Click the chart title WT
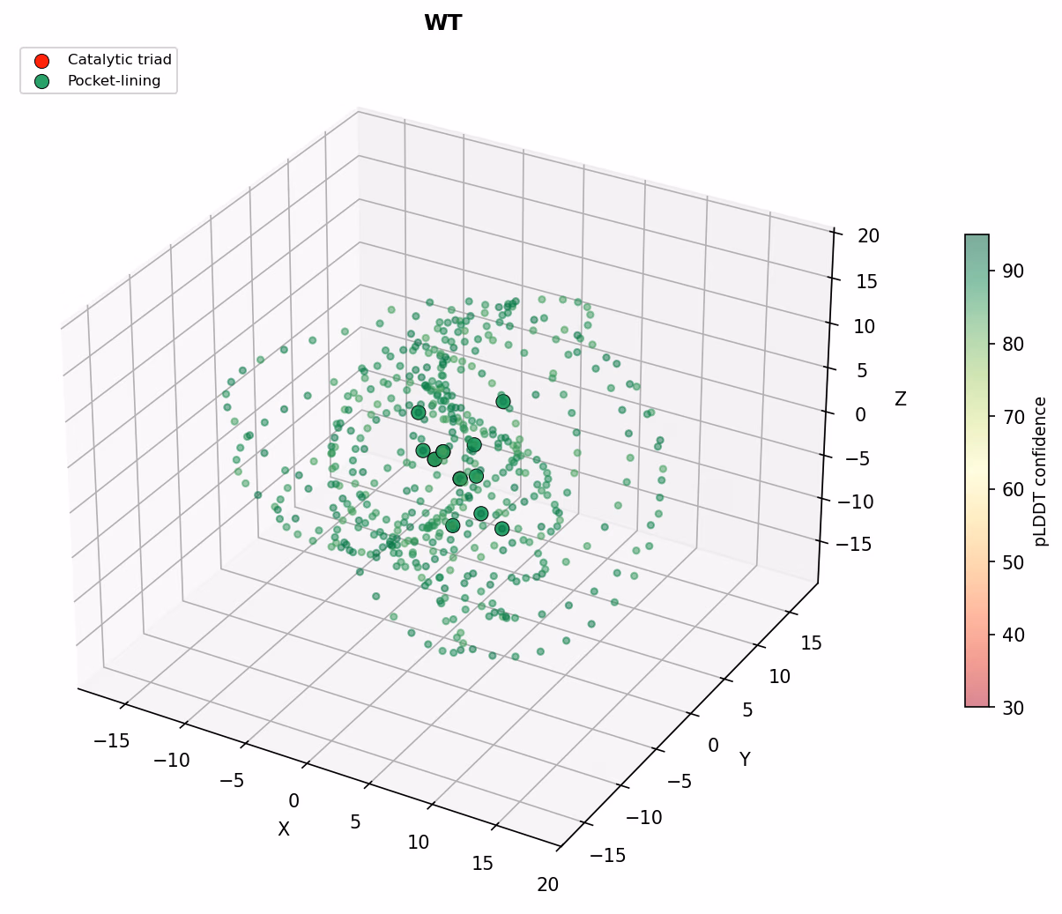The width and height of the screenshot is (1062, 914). (x=443, y=23)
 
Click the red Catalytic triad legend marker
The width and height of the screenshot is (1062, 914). (x=41, y=61)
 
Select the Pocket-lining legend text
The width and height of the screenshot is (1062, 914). (x=114, y=81)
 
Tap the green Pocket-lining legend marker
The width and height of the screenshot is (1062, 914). (x=41, y=82)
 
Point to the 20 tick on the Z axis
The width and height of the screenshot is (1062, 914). (x=868, y=236)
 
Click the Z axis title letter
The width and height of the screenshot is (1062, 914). (x=900, y=398)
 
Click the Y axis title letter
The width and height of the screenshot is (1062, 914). (x=745, y=759)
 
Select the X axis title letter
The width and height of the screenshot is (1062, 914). (x=284, y=829)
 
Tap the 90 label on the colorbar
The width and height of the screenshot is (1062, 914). (x=1013, y=271)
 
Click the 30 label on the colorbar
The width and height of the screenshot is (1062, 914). (x=1013, y=708)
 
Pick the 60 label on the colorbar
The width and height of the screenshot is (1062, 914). (x=1013, y=490)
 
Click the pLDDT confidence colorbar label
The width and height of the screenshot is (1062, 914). (x=1040, y=472)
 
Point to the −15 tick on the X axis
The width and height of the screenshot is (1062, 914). (x=111, y=740)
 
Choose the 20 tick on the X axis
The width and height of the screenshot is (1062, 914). (x=547, y=885)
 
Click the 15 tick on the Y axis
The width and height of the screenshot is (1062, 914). (x=811, y=643)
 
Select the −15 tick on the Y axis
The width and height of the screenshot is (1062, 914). (x=608, y=855)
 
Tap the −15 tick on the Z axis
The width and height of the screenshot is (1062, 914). (x=854, y=544)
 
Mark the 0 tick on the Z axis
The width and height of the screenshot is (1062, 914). (x=861, y=414)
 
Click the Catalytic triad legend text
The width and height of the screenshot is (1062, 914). (x=120, y=60)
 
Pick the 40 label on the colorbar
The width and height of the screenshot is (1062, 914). (x=1013, y=635)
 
